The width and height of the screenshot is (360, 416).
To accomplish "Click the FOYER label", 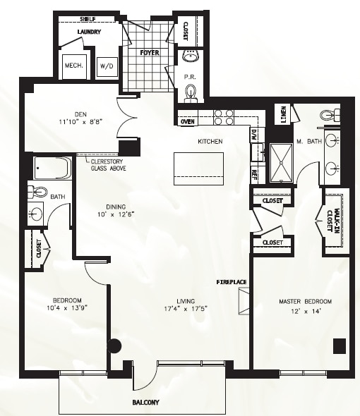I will pos(149,53).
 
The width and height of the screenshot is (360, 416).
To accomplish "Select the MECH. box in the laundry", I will pos(75,66).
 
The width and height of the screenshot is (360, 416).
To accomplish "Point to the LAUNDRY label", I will pos(89,32).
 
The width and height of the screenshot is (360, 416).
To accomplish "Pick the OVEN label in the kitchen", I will pos(188,122).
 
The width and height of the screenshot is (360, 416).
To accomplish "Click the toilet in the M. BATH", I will pos(327,114).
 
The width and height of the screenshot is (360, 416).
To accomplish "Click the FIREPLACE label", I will pos(232,283).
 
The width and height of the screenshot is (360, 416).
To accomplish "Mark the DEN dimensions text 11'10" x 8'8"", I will pos(81,121).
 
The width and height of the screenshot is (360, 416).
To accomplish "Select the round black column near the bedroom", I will pos(114,346).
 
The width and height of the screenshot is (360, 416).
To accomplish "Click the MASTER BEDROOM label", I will pos(304,302).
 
